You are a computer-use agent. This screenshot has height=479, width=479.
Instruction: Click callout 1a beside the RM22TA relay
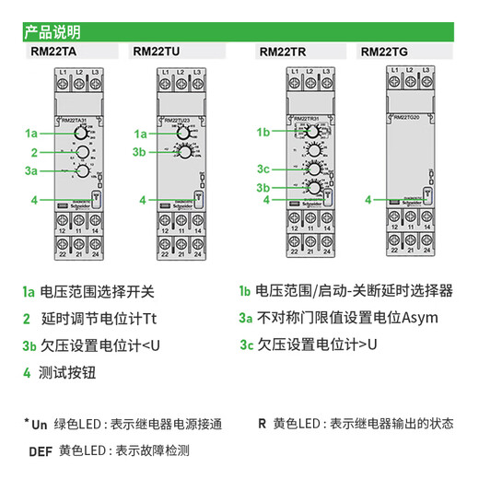(x=31, y=134)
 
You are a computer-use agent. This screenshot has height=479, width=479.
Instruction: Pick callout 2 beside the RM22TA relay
(x=33, y=153)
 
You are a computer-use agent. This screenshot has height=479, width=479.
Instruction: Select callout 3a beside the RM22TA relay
(x=31, y=170)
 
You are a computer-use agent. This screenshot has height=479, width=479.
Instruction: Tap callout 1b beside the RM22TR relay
(x=263, y=132)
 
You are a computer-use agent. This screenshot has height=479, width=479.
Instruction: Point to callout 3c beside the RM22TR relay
(x=263, y=169)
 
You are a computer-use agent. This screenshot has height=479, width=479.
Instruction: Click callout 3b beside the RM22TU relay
(x=139, y=152)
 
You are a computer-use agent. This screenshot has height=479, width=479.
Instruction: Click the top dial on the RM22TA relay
(x=81, y=134)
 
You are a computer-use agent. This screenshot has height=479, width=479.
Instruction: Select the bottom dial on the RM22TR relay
(x=314, y=188)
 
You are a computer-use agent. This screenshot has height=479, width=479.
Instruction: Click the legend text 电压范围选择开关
(x=97, y=292)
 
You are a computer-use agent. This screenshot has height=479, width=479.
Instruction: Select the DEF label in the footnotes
(x=40, y=451)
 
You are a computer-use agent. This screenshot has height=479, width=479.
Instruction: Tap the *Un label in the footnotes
(x=34, y=425)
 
